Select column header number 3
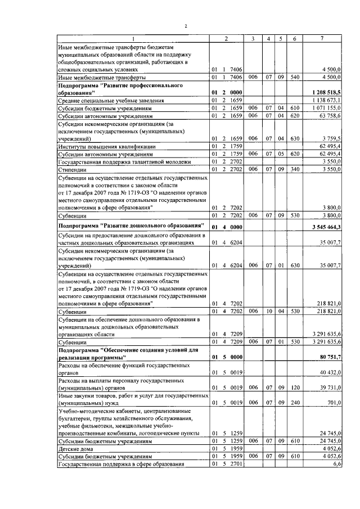(x=254, y=38)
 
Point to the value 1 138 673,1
(x=326, y=100)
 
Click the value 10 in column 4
(x=269, y=310)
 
